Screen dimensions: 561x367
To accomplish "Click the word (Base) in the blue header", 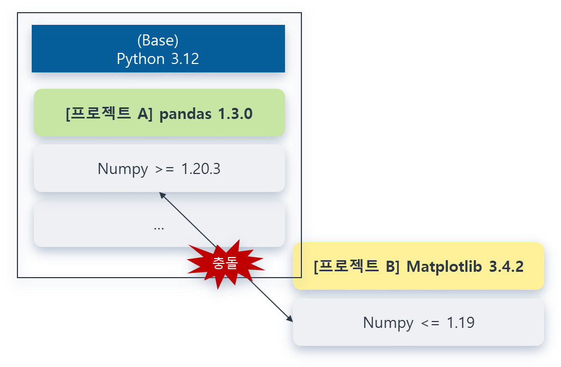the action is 158,41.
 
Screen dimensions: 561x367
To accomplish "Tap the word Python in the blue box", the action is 141,59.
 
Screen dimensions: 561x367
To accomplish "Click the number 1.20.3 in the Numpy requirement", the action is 201,169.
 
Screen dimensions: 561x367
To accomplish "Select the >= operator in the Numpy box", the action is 164,169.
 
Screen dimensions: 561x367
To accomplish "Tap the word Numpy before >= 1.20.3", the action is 123,169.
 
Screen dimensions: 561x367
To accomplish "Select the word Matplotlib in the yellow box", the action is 444,267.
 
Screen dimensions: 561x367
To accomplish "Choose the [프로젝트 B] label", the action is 356,267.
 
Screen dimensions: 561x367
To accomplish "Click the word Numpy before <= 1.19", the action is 388,323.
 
